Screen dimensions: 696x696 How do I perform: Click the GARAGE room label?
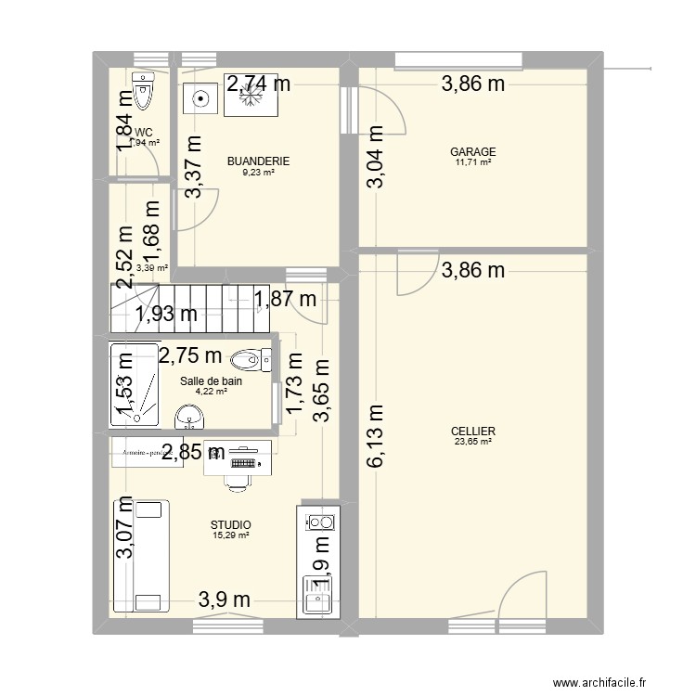pos(472,151)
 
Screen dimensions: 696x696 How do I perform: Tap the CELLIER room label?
pos(472,432)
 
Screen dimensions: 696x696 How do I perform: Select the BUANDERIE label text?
pos(259,161)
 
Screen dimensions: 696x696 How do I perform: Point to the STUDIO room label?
pos(230,525)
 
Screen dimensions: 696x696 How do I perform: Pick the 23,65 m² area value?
pos(472,443)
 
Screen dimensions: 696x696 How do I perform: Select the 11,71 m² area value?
pos(472,162)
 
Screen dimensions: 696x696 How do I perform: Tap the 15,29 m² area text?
pos(230,535)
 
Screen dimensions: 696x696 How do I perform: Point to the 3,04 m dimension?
pos(375,158)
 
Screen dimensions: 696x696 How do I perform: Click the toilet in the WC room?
pos(142,91)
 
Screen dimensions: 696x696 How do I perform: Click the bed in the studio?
pos(141,557)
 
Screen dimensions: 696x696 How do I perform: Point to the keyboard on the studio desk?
pos(244,461)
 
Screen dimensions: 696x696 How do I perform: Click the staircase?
pos(190,307)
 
